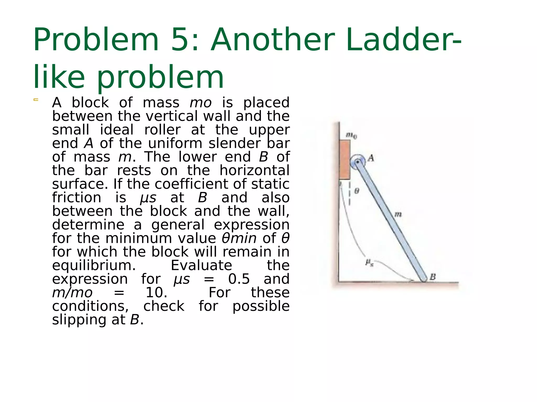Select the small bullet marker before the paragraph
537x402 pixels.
tap(36, 100)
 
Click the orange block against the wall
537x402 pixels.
tap(344, 159)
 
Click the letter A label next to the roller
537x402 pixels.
tap(371, 158)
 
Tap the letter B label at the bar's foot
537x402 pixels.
tap(433, 277)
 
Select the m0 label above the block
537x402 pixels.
tap(351, 135)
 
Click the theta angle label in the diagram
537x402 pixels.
tap(357, 191)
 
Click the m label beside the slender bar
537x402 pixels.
tap(398, 215)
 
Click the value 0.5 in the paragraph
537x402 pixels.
tap(239, 279)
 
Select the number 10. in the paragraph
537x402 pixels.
tap(157, 293)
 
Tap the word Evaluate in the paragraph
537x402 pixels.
tap(201, 265)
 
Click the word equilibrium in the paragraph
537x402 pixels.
tap(94, 265)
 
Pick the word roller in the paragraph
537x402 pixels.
tap(162, 130)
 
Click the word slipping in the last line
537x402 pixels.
tap(80, 320)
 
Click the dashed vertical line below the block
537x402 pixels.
tap(350, 194)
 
